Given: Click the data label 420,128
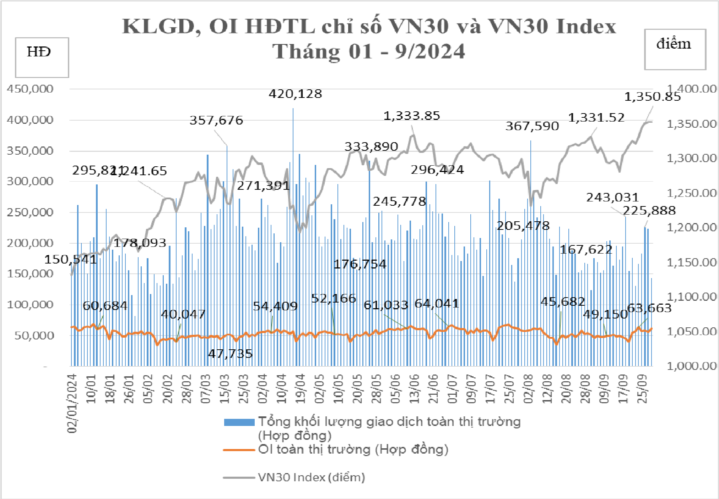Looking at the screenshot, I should coord(295,94).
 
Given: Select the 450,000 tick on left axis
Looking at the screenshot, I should coord(30,89).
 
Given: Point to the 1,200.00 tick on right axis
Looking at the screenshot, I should coord(691,227).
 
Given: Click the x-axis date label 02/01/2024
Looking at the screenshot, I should coord(72,403).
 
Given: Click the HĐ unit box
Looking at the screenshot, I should coord(42,57).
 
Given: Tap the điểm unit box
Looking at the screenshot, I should coord(675,49).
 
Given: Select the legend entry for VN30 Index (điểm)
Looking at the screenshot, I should coord(311,477).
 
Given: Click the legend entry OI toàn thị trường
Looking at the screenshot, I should coord(353,449).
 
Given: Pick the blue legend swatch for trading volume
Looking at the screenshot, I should coord(239,422).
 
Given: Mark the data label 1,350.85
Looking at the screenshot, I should coord(652,96).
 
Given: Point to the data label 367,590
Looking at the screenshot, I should coord(532,126).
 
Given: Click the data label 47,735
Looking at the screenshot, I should coord(230,354).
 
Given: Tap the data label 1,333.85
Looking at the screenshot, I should coord(412,116).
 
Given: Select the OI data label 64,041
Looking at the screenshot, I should coord(437,304).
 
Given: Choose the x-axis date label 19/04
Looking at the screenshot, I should coord(301,389).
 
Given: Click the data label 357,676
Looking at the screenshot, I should coord(216,120).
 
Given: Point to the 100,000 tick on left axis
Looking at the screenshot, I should coord(30,305).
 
